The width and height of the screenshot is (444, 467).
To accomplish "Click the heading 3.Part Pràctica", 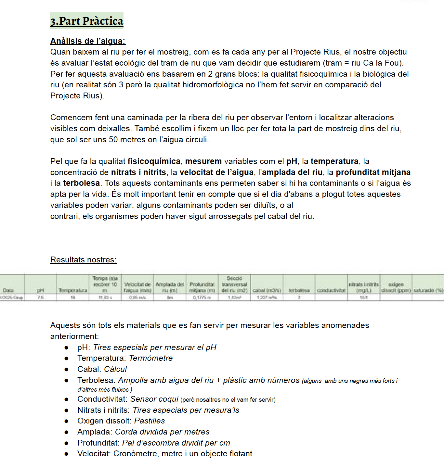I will pos(86,21).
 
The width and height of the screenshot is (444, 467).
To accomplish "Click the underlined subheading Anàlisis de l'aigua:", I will pos(88,41).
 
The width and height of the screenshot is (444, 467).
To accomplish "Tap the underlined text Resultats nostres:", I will pos(83,259).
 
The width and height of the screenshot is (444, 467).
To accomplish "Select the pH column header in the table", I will pos(40,290).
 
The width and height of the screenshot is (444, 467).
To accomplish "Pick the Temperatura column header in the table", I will pos(73,290).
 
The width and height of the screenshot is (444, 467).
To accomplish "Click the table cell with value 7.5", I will pos(40,297).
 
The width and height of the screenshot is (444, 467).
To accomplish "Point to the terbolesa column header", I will pos(299,290).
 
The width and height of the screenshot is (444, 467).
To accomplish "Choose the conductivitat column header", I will pos(331,290).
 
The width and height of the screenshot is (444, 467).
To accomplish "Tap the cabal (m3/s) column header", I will pos(267,290).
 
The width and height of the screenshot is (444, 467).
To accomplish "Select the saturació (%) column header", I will pos(428,290).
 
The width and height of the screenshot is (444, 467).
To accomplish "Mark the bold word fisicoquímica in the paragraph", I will pos(154,161).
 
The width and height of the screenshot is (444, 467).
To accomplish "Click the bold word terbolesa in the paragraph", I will pos(81,183).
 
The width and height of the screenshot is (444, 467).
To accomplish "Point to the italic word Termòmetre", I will pos(151,358).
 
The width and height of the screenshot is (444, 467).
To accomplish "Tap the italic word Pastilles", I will pos(150,421).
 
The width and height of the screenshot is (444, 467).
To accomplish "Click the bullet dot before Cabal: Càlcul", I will pos(66,369).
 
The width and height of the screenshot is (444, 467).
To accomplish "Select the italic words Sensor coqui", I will pos(154,399).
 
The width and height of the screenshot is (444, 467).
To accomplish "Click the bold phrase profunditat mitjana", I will pos(373,172).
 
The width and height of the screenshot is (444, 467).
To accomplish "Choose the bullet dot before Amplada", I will pos(66,432).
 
